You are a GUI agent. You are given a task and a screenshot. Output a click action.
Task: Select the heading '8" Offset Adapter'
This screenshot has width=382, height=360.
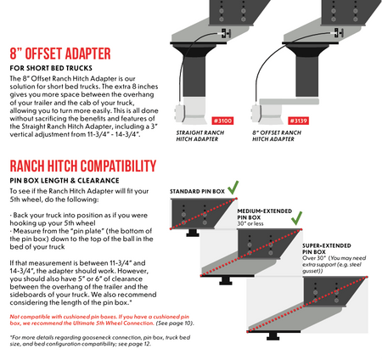click(63, 53)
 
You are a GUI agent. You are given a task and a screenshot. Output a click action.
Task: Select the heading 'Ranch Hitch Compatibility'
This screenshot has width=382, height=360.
click(82, 166)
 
